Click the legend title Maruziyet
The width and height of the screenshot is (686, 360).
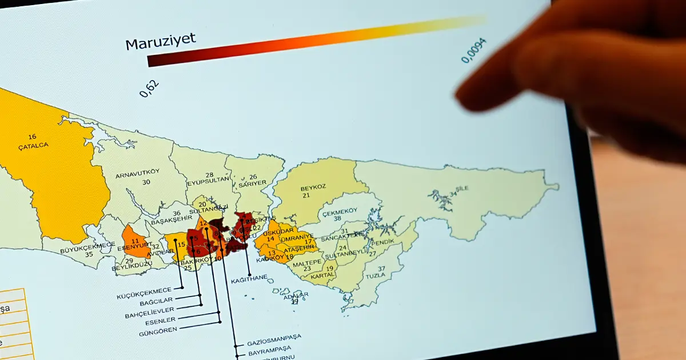[160, 41]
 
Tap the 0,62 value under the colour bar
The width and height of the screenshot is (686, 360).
[149, 89]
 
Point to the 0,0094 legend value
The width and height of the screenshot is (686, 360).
[474, 50]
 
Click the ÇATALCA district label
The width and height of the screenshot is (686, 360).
[33, 145]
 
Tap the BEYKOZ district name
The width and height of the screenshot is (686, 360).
[313, 187]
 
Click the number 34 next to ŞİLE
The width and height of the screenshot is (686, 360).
[453, 194]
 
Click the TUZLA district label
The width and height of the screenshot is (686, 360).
[376, 275]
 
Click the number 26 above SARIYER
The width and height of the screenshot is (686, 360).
[253, 177]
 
